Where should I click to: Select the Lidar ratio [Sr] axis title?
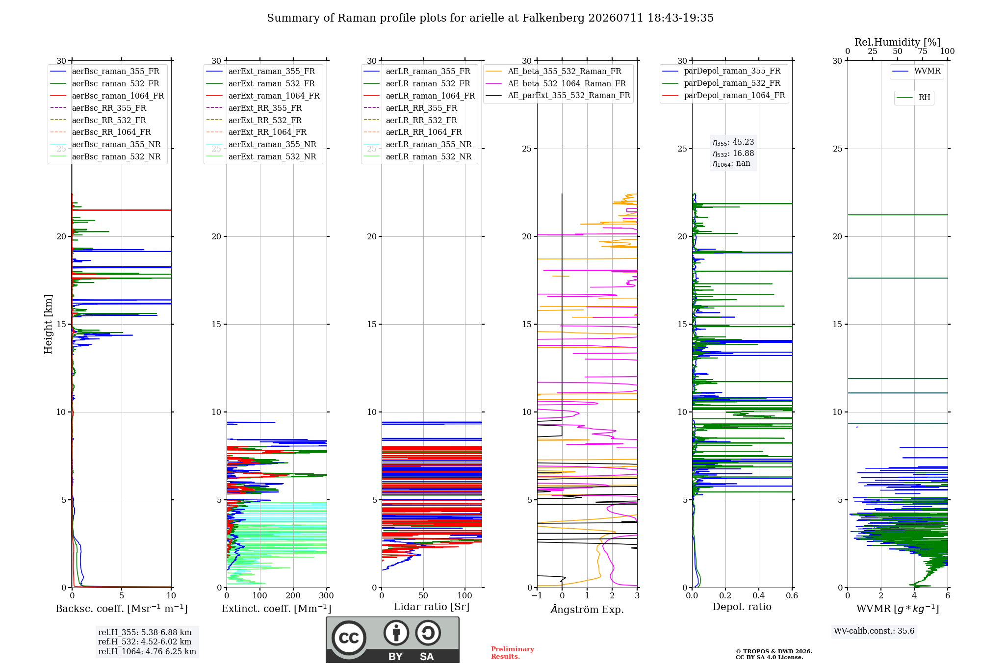(432, 607)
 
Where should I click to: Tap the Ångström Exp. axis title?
(587, 609)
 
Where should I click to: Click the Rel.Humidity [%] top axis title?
(898, 42)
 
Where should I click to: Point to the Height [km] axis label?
(48, 324)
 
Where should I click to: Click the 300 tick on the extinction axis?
(326, 595)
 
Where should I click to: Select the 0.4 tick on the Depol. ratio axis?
(759, 595)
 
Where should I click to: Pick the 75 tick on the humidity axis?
(923, 51)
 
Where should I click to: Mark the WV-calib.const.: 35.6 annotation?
(874, 631)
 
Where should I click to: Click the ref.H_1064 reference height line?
(147, 651)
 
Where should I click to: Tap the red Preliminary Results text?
(513, 653)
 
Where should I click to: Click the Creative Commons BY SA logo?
(393, 640)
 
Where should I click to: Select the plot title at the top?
(490, 18)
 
